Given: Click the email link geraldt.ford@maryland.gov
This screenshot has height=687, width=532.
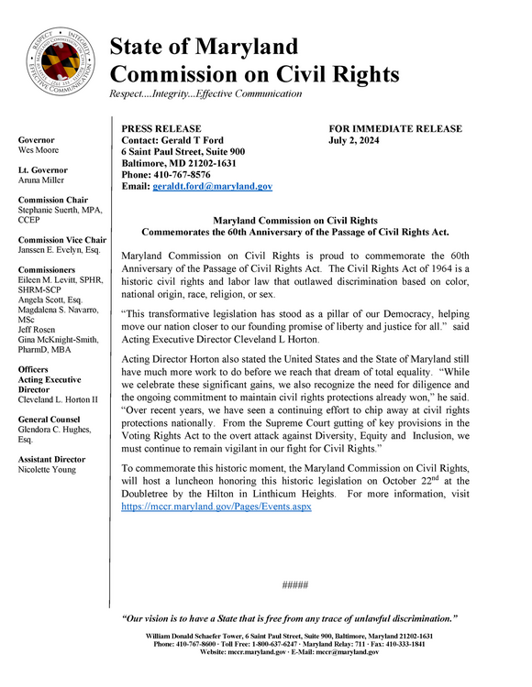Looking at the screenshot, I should [x=212, y=186].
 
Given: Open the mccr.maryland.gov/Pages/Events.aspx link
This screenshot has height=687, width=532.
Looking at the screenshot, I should [x=216, y=506].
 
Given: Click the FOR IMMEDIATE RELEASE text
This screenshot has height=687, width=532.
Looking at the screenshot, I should [x=395, y=129].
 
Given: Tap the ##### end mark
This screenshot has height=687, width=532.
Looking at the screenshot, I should [x=295, y=584].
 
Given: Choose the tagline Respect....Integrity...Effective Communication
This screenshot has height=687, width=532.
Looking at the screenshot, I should [x=205, y=93].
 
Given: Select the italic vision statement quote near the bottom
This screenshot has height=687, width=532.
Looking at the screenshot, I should [x=290, y=619].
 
